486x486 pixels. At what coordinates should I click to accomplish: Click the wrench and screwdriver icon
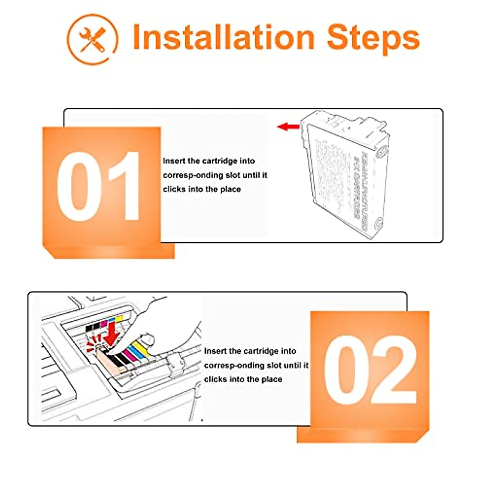[x=92, y=39]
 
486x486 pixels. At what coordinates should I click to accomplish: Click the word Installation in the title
[x=224, y=37]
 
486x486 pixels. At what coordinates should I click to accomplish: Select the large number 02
[x=370, y=370]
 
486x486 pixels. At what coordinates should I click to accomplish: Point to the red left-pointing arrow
[x=288, y=127]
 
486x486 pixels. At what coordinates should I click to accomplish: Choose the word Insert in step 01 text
[x=173, y=161]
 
